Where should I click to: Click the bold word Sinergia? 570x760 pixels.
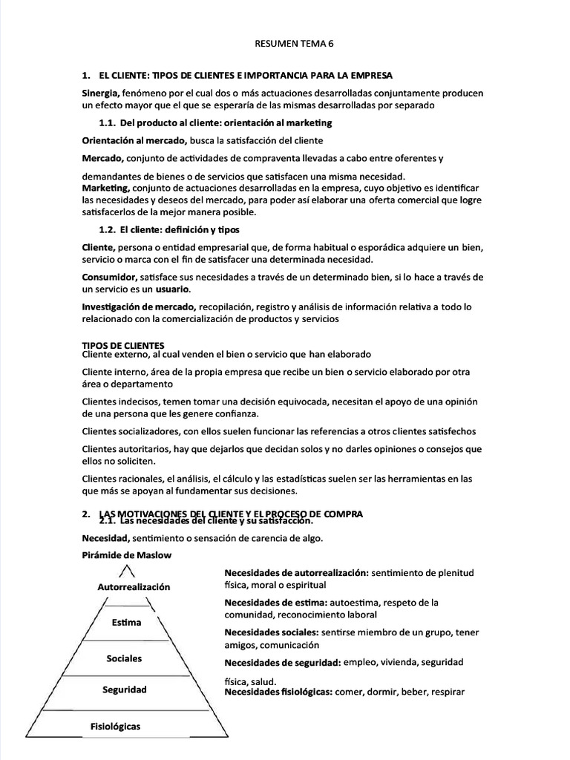coord(100,93)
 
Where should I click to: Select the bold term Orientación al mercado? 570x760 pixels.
coord(134,140)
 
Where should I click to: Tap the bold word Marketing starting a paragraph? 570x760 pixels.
coord(105,188)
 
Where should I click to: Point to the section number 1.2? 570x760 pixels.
coord(108,229)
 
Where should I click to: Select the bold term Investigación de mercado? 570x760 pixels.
coord(139,307)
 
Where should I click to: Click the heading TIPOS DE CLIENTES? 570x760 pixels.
coord(123,345)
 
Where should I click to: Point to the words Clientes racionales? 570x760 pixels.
coord(118,479)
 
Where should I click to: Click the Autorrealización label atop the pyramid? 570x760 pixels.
coord(134,586)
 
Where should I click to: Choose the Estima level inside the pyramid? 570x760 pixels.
coord(126,622)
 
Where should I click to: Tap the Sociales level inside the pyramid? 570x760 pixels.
coord(125,658)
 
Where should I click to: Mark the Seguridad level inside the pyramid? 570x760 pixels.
coord(125,689)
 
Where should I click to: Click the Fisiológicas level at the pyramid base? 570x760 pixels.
coord(115,726)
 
